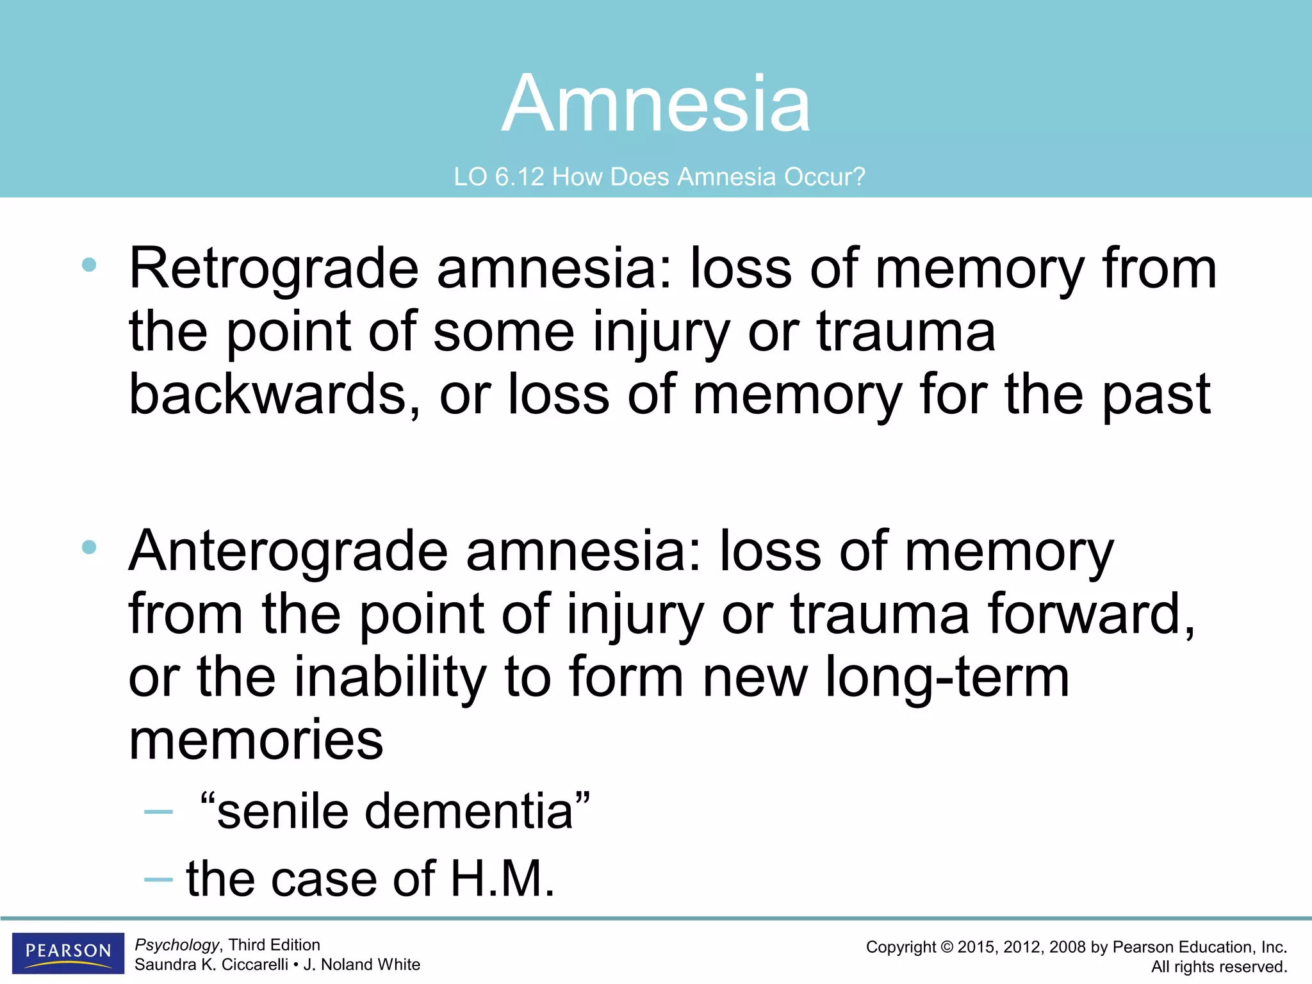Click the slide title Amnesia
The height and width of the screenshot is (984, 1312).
point(656,104)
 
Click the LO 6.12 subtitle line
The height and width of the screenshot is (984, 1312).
point(659,177)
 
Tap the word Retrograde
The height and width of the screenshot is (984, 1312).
point(274,269)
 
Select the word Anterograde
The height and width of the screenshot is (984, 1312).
point(288,552)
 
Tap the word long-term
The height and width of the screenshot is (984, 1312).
point(947,677)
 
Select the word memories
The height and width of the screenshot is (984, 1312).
point(256,741)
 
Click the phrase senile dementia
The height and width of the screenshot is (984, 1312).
point(395,812)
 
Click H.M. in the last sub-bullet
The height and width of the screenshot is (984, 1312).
point(502,878)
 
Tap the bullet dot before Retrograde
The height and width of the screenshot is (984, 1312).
point(89,265)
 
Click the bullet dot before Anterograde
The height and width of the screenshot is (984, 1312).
point(89,547)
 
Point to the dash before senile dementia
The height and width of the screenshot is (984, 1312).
point(158,812)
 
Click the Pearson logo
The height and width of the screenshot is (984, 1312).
point(68,953)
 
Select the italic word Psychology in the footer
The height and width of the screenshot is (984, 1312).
point(177,945)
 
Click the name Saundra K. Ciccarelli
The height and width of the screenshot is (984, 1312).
point(211,965)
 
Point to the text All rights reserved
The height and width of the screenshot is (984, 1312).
point(1219,967)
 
